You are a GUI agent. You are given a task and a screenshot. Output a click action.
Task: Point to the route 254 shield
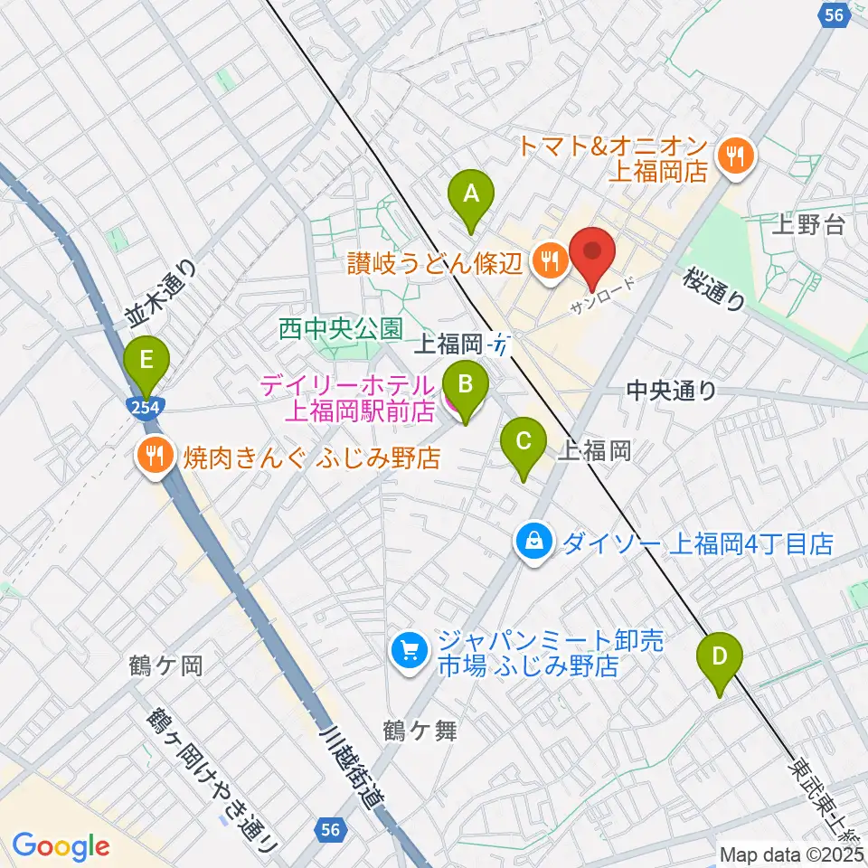(x=145, y=408)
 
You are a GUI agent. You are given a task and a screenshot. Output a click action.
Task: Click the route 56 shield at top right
(x=835, y=15)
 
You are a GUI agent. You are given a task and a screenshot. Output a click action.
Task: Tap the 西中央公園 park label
(x=339, y=329)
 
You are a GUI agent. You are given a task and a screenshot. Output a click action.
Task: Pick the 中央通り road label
(x=672, y=391)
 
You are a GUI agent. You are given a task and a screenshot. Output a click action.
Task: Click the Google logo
(x=61, y=846)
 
